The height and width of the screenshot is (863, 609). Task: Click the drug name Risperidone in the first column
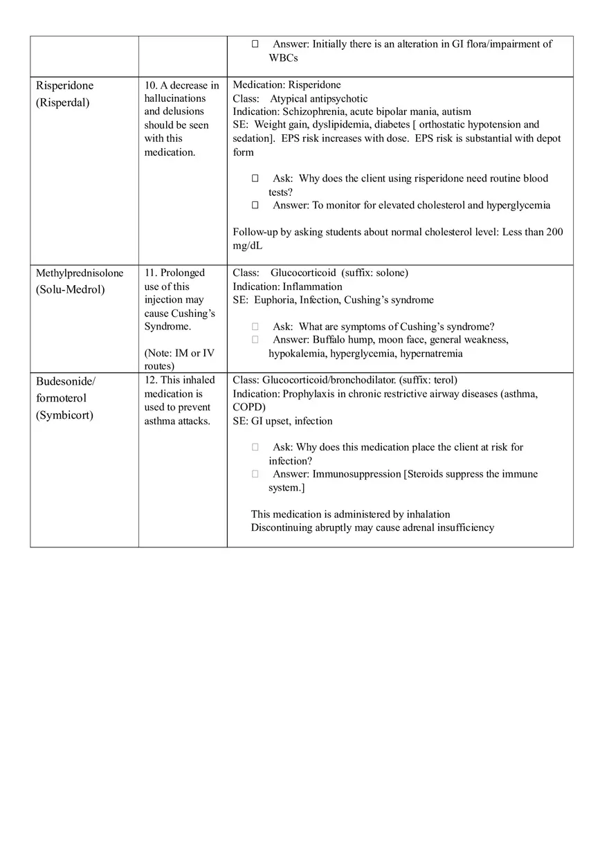[64, 86]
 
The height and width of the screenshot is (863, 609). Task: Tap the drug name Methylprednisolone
[80, 273]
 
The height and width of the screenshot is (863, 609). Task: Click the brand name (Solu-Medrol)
[71, 290]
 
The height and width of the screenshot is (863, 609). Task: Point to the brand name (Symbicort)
[64, 416]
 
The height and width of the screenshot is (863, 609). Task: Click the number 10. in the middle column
[151, 86]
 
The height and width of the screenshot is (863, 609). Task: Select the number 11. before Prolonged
[151, 273]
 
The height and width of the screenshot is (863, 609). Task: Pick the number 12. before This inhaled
[151, 380]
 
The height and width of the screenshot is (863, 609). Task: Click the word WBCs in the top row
[283, 58]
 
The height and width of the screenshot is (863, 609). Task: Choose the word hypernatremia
[432, 354]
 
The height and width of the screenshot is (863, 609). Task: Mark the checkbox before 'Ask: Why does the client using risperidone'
[255, 179]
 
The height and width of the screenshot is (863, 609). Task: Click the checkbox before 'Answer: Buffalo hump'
[255, 340]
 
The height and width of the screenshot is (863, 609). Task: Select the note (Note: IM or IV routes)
[179, 359]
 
